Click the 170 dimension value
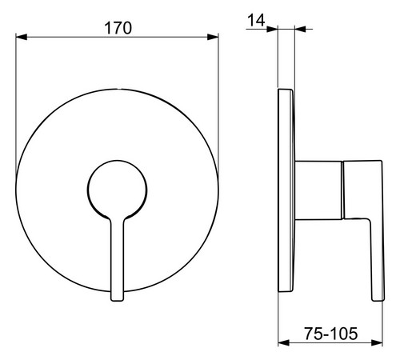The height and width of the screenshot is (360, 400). click(x=118, y=28)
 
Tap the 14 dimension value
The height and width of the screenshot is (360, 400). click(x=256, y=20)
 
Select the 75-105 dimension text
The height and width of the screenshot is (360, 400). click(x=330, y=334)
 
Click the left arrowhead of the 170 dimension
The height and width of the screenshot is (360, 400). click(x=22, y=37)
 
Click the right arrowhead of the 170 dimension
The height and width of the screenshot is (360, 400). click(x=213, y=37)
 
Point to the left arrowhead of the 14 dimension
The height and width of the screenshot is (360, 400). click(x=272, y=29)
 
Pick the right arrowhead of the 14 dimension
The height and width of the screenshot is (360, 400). click(x=300, y=29)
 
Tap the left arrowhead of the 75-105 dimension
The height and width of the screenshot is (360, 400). click(x=284, y=342)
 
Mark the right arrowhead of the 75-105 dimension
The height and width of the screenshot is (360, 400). click(x=377, y=342)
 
